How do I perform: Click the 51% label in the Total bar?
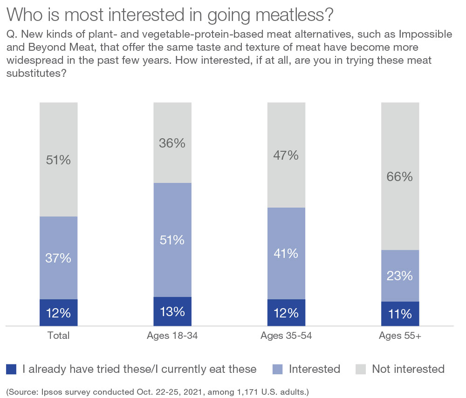pos(58,160)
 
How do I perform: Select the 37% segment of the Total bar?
pos(58,258)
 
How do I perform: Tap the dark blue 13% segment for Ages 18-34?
pos(172,311)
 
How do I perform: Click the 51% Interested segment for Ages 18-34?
pos(172,240)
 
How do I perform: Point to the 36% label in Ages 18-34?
pos(172,143)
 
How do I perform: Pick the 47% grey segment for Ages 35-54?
pos(286,155)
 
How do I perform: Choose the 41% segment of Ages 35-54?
pos(286,253)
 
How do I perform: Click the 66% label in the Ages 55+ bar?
pos(400,177)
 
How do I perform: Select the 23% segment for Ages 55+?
pos(400,276)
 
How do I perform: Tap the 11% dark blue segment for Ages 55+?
pos(400,314)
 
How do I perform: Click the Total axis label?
pos(58,336)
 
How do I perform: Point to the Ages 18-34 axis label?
pos(172,336)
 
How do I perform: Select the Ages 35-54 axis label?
pos(286,336)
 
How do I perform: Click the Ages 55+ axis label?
pos(400,336)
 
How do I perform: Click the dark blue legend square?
pos(11,369)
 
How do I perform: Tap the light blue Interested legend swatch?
pos(277,369)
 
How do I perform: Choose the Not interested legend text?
pos(408,369)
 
